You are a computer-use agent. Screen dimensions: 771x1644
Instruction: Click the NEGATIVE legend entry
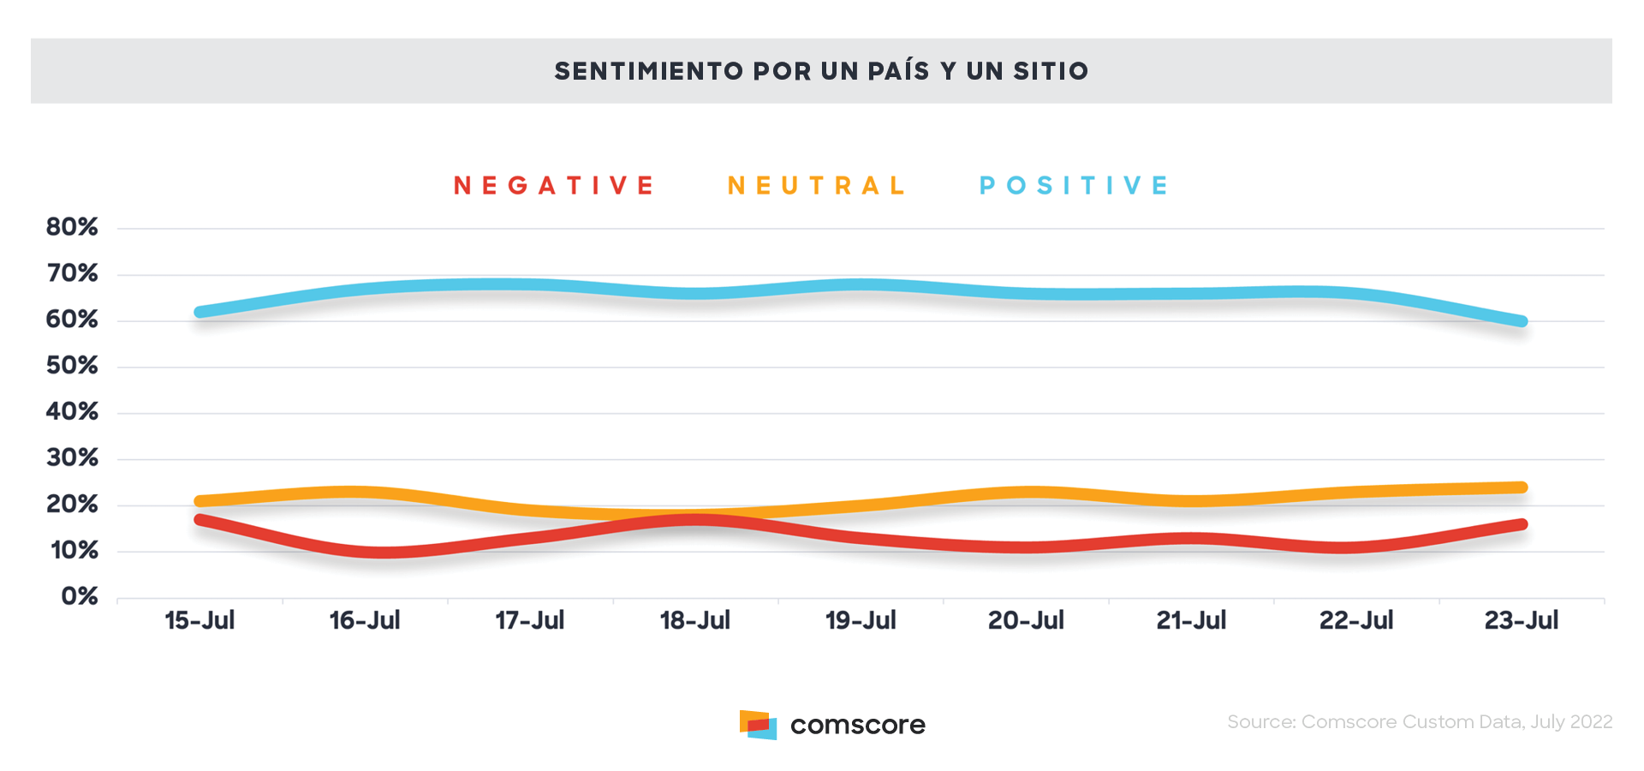(x=553, y=186)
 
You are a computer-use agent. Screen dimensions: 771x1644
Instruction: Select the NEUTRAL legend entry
(x=816, y=186)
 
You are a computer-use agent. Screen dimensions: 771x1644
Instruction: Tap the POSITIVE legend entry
(x=1074, y=186)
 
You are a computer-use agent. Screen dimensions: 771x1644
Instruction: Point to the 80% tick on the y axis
(x=72, y=227)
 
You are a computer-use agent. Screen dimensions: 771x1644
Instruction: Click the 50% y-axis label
(x=72, y=366)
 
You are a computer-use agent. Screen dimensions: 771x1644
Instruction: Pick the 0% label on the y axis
(x=80, y=596)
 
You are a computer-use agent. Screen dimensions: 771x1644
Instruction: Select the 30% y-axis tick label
(x=72, y=458)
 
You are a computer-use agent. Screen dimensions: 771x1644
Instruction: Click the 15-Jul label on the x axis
(x=200, y=620)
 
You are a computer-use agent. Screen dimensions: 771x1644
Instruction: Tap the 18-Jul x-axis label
(x=694, y=620)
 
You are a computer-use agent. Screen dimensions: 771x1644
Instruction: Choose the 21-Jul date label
(x=1191, y=620)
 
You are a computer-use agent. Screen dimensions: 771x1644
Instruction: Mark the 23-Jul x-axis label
(x=1522, y=620)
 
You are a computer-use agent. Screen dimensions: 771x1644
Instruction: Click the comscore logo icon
(x=758, y=725)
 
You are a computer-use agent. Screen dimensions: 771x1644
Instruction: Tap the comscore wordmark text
(x=857, y=726)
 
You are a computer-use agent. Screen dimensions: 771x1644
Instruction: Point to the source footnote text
(x=1419, y=722)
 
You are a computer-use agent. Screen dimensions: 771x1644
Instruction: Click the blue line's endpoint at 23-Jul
(x=1522, y=321)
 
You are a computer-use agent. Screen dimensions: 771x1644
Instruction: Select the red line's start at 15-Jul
(x=200, y=519)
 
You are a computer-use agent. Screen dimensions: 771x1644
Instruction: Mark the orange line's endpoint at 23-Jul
(x=1522, y=487)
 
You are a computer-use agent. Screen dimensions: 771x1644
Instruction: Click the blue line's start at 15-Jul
(x=200, y=312)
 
